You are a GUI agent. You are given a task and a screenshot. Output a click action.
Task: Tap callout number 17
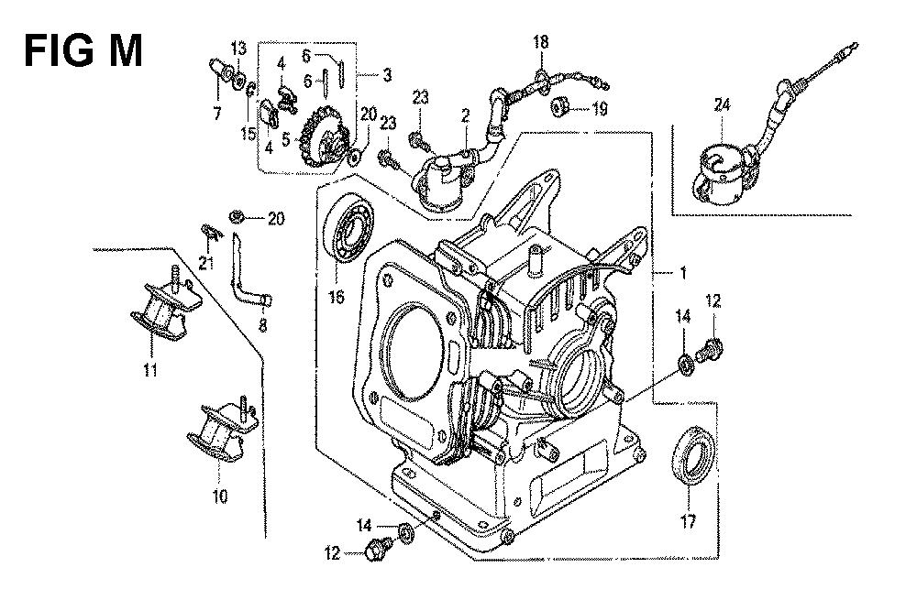[x=688, y=523]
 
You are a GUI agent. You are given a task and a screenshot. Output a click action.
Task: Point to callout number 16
[x=336, y=297]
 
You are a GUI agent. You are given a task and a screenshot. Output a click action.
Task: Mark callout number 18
[x=541, y=41]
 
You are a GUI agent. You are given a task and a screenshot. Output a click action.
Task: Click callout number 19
[x=599, y=109]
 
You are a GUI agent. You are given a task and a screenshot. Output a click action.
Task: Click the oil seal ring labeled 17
[x=694, y=455]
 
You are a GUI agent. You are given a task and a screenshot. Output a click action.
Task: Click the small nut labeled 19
[x=559, y=109]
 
